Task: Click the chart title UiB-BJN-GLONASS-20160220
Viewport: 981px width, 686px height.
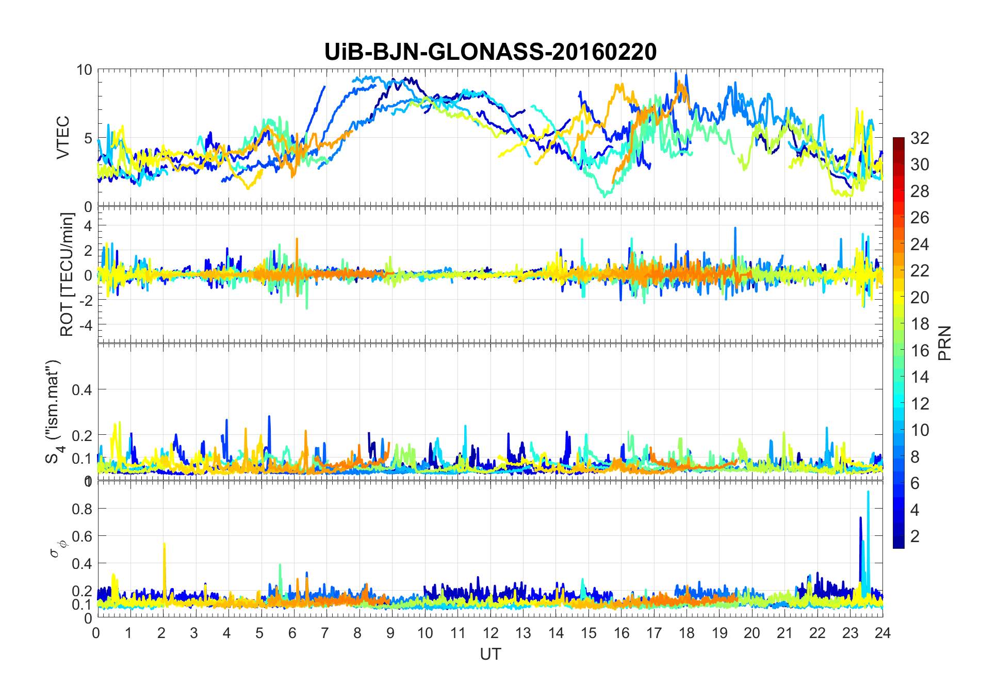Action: pos(490,52)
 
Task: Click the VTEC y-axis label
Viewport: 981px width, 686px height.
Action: pos(63,138)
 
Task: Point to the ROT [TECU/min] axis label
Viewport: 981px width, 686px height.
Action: pos(67,274)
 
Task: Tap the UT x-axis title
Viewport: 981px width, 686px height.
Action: pos(490,654)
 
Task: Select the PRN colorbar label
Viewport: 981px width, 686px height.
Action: pos(944,343)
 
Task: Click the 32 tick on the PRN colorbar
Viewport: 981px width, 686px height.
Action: pos(920,138)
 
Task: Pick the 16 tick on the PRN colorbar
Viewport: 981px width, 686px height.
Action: pos(920,351)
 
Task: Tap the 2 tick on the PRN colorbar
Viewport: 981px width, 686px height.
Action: pos(915,536)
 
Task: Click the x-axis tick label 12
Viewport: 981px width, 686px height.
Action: pos(490,633)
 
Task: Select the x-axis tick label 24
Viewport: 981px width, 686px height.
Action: pos(882,633)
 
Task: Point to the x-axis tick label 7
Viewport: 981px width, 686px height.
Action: pos(325,633)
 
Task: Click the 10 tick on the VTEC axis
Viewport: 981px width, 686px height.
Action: pos(84,70)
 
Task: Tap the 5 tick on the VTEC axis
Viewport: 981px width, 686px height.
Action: pos(88,138)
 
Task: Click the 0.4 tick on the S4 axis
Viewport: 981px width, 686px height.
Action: pos(81,389)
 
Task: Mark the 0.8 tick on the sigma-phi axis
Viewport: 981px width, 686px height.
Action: pos(81,509)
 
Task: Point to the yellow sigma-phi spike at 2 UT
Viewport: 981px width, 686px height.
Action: pos(164,544)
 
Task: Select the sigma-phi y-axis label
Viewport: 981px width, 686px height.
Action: pos(56,548)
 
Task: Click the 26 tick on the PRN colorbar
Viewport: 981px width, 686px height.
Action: pos(920,218)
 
